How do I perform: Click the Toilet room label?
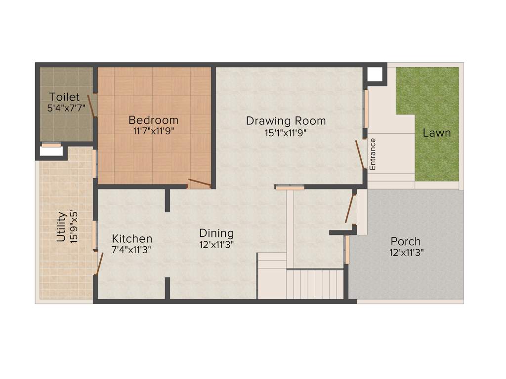tap(64, 96)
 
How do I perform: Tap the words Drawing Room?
tap(286, 120)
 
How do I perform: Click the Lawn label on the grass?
tap(437, 133)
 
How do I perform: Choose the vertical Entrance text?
tap(373, 154)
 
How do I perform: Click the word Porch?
tap(406, 241)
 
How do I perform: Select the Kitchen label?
tap(131, 239)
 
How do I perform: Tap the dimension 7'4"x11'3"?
tap(131, 250)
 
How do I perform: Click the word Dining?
tap(216, 233)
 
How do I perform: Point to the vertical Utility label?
tap(61, 227)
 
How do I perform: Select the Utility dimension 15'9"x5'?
tap(74, 227)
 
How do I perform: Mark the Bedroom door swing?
tap(200, 183)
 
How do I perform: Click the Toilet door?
tap(91, 106)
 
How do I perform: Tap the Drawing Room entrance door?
tap(360, 154)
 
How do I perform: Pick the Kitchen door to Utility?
tap(99, 264)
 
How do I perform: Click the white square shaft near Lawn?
tap(376, 75)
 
